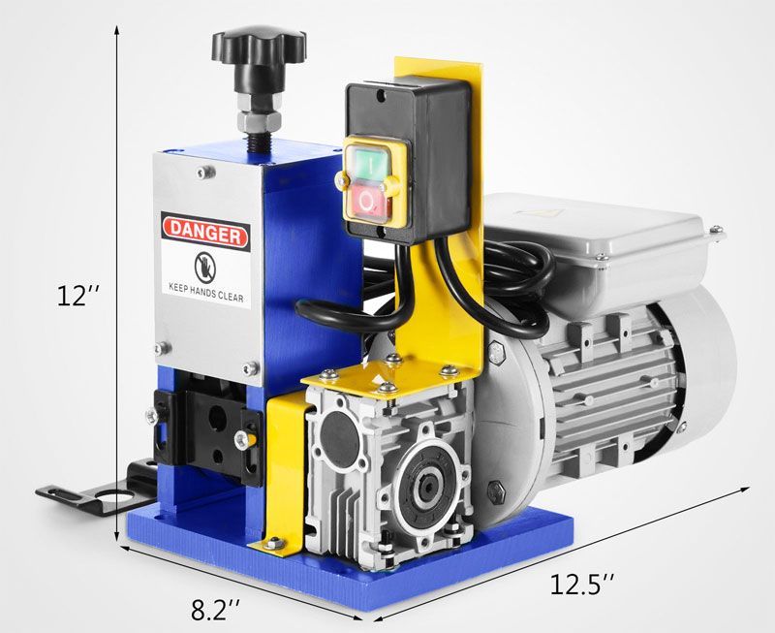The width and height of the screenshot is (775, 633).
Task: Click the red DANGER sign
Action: [x=205, y=232]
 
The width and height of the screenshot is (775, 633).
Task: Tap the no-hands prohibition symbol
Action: [x=205, y=266]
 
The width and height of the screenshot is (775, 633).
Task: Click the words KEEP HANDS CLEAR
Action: [x=206, y=292]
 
